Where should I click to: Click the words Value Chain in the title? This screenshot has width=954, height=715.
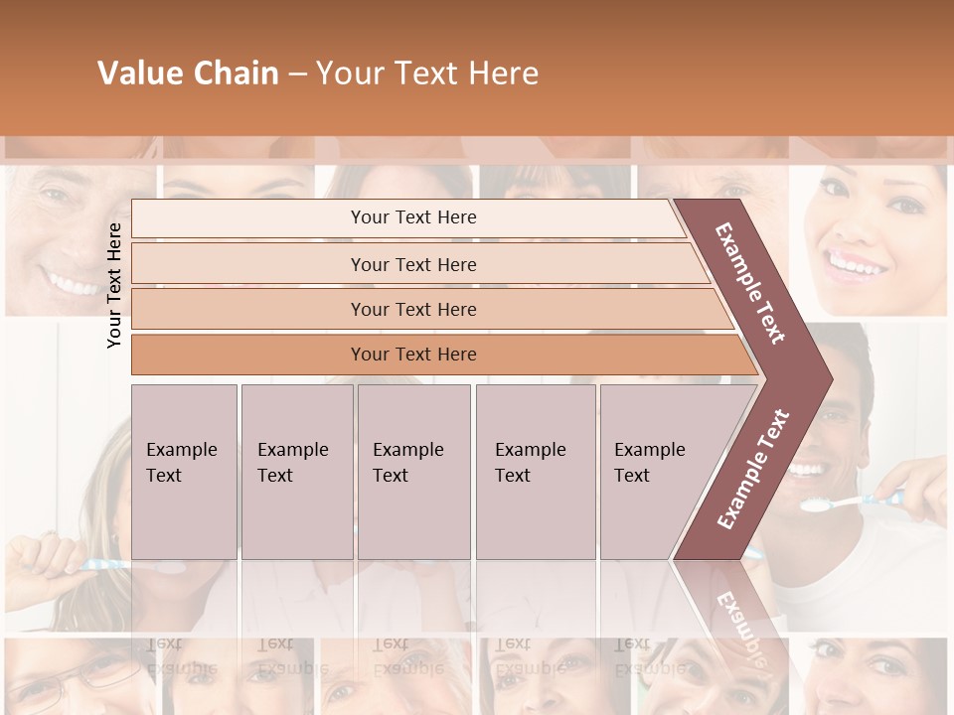[188, 73]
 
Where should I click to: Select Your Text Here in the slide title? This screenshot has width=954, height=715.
[427, 73]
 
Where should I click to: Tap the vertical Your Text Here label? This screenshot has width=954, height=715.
[114, 285]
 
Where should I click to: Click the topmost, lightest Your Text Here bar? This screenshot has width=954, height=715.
[413, 217]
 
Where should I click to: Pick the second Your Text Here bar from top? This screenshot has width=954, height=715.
[413, 264]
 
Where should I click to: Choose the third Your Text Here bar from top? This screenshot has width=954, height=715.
[413, 309]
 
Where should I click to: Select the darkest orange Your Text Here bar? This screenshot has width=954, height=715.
[413, 355]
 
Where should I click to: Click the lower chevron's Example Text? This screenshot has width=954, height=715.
[753, 470]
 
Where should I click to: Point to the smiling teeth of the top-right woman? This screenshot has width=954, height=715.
[857, 265]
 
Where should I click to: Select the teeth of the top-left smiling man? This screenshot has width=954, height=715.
[73, 286]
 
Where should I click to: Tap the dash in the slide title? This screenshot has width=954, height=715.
[297, 73]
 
